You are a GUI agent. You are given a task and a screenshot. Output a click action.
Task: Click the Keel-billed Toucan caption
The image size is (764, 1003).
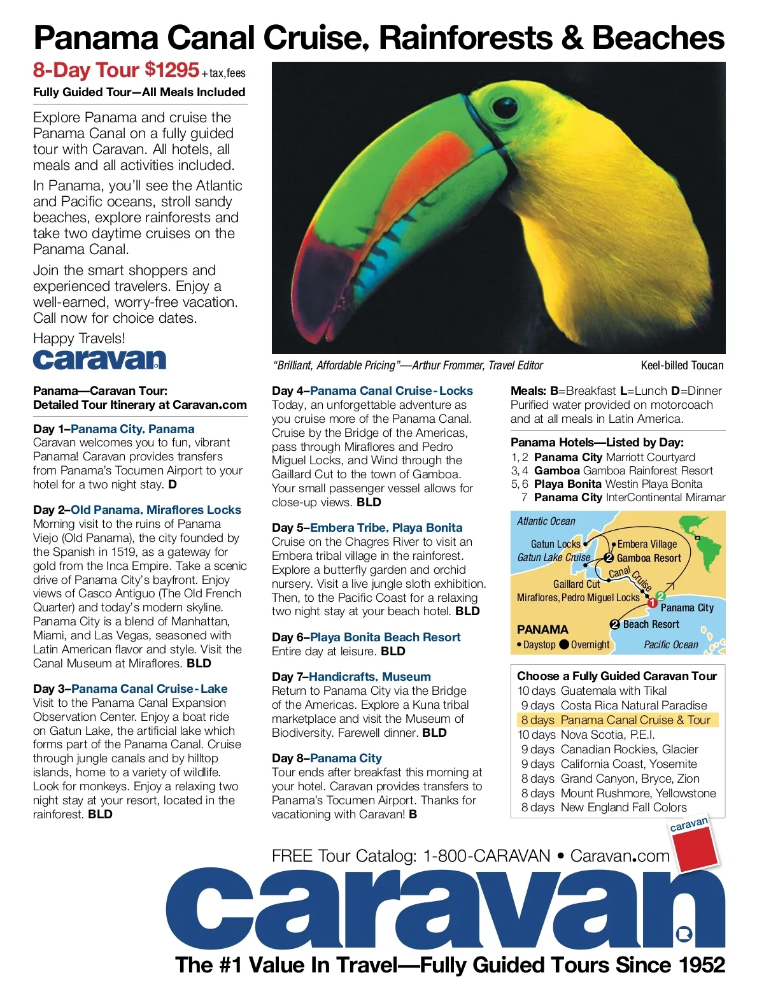pyautogui.click(x=682, y=366)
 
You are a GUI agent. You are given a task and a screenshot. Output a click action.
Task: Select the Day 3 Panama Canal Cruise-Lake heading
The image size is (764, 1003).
pyautogui.click(x=131, y=689)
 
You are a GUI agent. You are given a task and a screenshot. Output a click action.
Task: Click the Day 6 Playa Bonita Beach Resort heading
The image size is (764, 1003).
pyautogui.click(x=366, y=637)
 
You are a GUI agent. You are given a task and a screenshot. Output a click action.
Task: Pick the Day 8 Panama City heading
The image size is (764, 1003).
pyautogui.click(x=327, y=758)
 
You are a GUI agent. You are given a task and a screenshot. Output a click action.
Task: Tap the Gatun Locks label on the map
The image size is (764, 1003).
pyautogui.click(x=555, y=544)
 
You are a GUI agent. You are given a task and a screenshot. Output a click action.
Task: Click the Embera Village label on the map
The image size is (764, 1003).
pyautogui.click(x=647, y=544)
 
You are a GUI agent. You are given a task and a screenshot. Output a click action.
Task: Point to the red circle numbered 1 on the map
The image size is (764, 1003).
pyautogui.click(x=652, y=602)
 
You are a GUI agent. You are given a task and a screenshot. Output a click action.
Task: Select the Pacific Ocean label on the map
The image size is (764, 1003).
pyautogui.click(x=671, y=644)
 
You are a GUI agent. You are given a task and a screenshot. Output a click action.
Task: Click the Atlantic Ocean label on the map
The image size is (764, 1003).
pyautogui.click(x=546, y=521)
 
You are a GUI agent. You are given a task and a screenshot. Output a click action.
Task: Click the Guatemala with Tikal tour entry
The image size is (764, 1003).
pyautogui.click(x=613, y=691)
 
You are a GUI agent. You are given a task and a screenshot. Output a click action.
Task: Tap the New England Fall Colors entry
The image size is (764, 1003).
pyautogui.click(x=623, y=807)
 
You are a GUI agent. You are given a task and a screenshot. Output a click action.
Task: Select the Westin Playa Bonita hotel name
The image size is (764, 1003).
pyautogui.click(x=653, y=484)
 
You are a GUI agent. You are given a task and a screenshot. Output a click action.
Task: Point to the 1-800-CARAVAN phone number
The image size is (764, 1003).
pyautogui.click(x=486, y=856)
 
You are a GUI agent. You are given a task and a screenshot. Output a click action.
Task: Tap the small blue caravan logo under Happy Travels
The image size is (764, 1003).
pyautogui.click(x=99, y=360)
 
